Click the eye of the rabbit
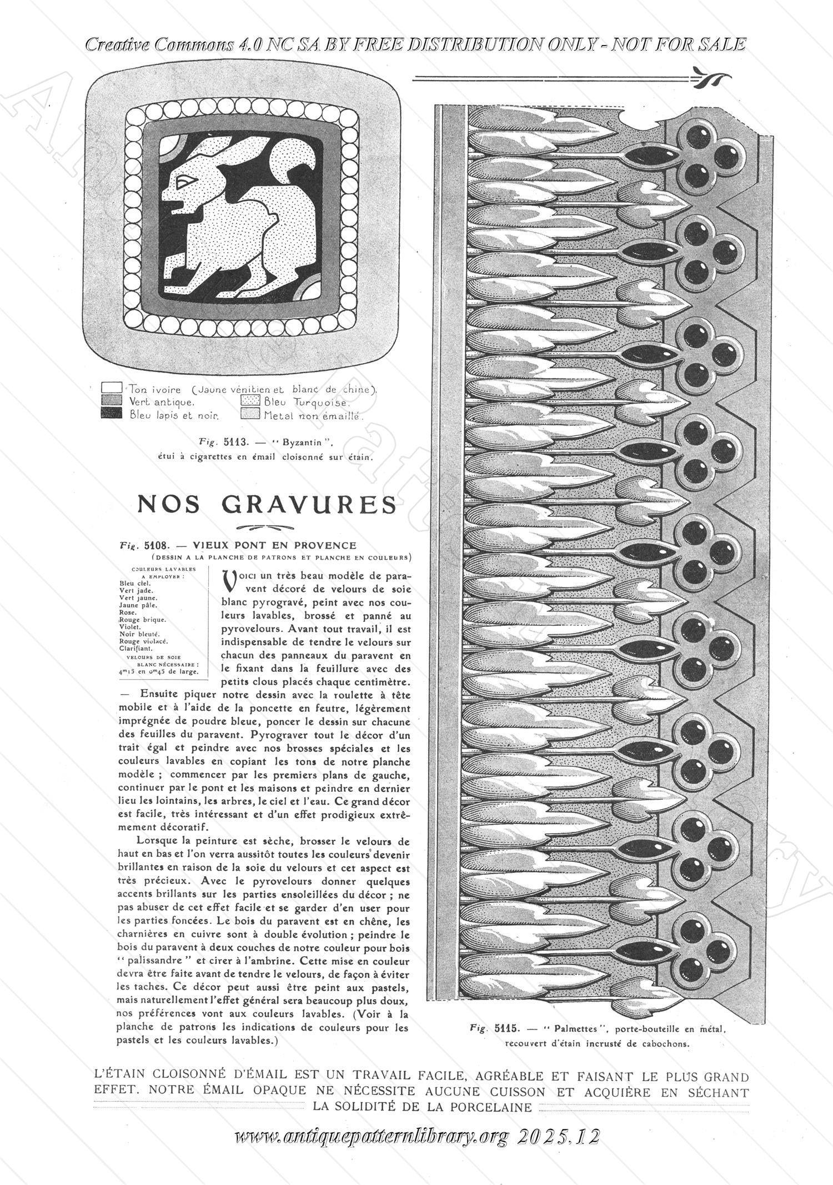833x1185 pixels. (x=185, y=180)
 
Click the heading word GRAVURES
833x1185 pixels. (x=309, y=504)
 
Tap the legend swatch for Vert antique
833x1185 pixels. (x=112, y=400)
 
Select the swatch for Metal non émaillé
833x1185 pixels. (x=251, y=414)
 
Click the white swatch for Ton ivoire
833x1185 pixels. (x=112, y=388)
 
